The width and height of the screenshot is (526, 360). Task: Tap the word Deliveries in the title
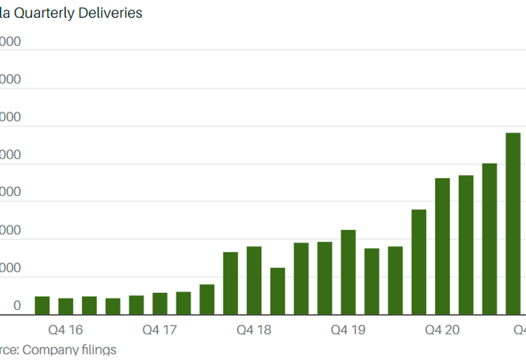click(111, 12)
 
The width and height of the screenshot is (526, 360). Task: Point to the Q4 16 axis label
click(66, 329)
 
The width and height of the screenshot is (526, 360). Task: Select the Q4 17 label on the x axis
click(160, 329)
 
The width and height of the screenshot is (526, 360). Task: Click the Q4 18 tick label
click(254, 329)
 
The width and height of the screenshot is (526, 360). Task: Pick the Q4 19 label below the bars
click(348, 329)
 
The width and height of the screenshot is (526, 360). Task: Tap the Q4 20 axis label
click(442, 329)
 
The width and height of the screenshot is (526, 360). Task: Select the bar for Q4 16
click(66, 306)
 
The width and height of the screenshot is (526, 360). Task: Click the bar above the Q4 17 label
click(160, 303)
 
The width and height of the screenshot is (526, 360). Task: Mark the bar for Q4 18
click(254, 280)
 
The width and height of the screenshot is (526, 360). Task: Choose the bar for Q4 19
click(348, 272)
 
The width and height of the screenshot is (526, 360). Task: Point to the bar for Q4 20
click(442, 246)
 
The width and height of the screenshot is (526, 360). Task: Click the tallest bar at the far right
click(513, 224)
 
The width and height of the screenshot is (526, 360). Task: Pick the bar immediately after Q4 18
click(278, 291)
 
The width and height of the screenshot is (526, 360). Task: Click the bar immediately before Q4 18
click(230, 283)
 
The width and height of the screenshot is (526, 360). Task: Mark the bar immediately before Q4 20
click(419, 262)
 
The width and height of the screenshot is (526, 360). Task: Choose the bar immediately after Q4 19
click(372, 282)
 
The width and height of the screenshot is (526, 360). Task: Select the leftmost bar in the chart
click(42, 305)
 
